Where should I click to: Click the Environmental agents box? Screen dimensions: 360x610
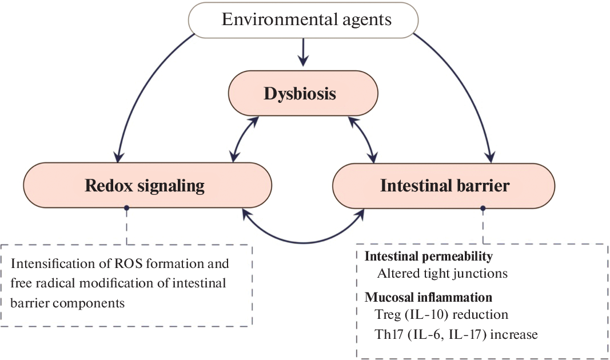(x=306, y=20)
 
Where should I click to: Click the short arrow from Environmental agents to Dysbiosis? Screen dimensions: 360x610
(x=304, y=53)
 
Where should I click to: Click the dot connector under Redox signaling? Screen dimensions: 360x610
(x=127, y=209)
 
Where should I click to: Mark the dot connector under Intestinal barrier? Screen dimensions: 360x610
(x=483, y=209)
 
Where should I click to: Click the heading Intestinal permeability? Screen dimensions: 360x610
(x=429, y=257)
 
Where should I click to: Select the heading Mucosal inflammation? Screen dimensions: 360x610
(x=428, y=298)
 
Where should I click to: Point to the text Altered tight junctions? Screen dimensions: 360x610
(x=442, y=273)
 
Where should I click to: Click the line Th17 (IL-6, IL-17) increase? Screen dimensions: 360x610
(x=457, y=334)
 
